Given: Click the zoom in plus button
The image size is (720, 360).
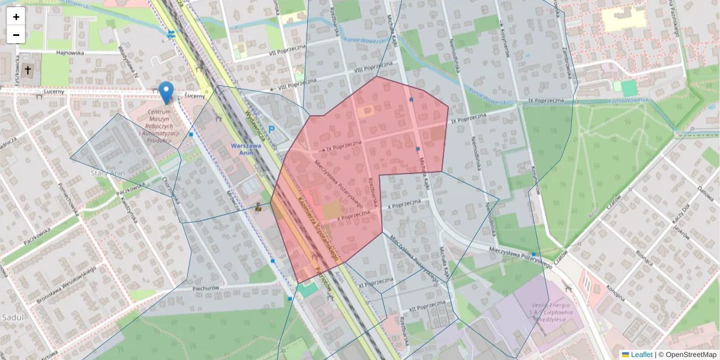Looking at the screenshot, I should pyautogui.click(x=16, y=17).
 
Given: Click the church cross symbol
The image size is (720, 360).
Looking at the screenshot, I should pyautogui.click(x=28, y=70).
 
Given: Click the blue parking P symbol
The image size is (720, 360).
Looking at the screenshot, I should pyautogui.click(x=272, y=130).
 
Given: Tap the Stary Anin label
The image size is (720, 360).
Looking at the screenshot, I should pyautogui.click(x=107, y=173).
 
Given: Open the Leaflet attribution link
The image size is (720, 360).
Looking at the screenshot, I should pyautogui.click(x=641, y=355).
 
